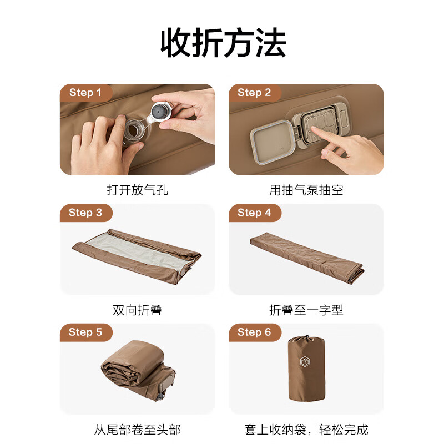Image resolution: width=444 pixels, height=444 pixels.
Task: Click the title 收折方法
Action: point(223,43)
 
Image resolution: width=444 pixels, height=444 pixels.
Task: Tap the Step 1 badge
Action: point(85,93)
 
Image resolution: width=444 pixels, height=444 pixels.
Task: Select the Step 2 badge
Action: point(254,93)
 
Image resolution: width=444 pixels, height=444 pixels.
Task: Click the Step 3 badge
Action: point(85,213)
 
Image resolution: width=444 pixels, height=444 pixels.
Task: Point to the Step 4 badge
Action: point(254,213)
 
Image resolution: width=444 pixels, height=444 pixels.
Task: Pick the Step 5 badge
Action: point(85,332)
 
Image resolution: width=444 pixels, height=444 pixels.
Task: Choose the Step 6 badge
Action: point(254,332)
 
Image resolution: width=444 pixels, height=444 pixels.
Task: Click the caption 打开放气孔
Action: point(137,190)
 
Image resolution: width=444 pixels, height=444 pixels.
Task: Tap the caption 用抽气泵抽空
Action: point(306,190)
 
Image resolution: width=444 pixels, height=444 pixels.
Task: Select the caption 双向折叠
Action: point(137,310)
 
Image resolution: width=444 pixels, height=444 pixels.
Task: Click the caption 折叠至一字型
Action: point(306,310)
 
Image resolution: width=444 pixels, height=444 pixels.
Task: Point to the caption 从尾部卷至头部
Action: point(137,430)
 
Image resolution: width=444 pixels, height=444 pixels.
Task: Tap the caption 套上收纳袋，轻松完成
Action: point(306,430)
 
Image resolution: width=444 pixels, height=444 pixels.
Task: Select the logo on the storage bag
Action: point(305,362)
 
